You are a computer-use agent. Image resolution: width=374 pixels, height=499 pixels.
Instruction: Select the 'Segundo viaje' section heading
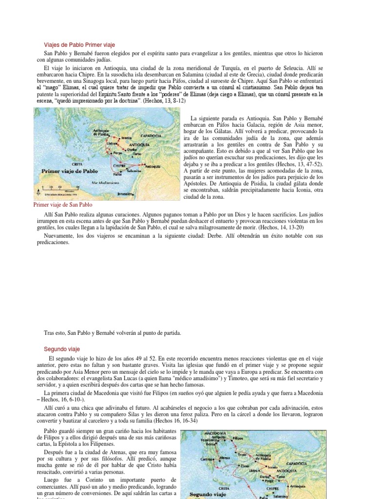point(61,349)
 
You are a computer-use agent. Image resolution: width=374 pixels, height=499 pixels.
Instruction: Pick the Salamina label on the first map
point(134,171)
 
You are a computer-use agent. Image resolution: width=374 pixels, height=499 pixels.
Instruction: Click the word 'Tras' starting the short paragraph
point(49,333)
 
